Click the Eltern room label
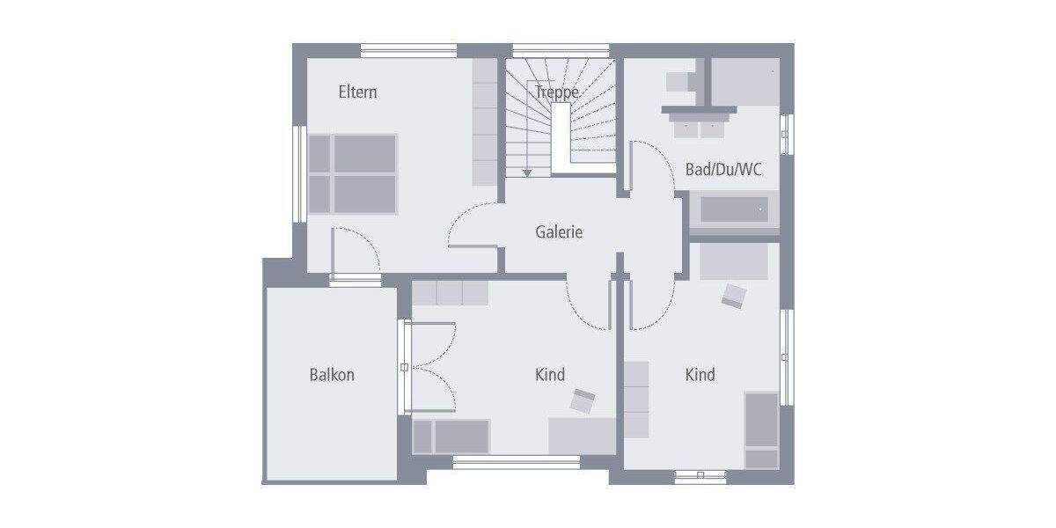pyautogui.click(x=357, y=92)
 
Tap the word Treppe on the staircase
pyautogui.click(x=556, y=92)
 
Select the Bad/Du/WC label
pyautogui.click(x=723, y=170)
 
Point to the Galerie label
pyautogui.click(x=559, y=232)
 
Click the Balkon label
pyautogui.click(x=332, y=375)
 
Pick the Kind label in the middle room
pyautogui.click(x=550, y=375)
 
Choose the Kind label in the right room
pyautogui.click(x=700, y=375)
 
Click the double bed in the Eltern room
pyautogui.click(x=353, y=173)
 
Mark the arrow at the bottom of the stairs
pyautogui.click(x=527, y=172)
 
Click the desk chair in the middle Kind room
pyautogui.click(x=583, y=401)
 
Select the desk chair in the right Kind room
pyautogui.click(x=733, y=296)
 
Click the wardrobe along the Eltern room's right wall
pyautogui.click(x=485, y=122)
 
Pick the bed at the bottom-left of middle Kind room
pyautogui.click(x=451, y=436)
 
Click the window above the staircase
pyautogui.click(x=561, y=49)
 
